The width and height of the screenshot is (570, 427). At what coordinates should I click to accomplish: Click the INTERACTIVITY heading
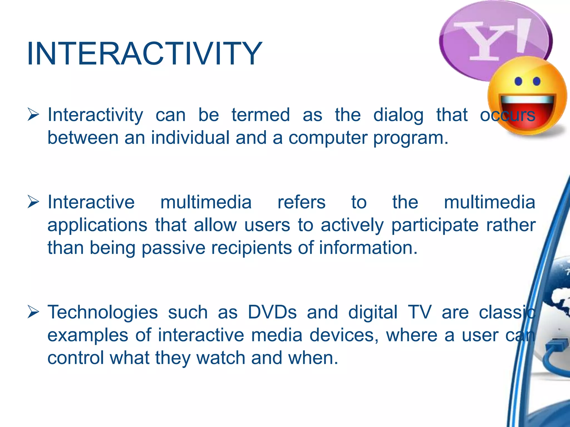coord(144,53)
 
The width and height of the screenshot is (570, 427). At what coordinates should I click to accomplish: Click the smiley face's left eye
coord(518,81)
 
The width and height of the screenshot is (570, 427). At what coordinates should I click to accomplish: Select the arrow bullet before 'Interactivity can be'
coord(33,115)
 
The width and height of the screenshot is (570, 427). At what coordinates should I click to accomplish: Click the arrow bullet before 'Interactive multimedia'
coord(33,202)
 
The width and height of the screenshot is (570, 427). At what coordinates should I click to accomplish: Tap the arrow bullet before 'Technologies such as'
coord(33,312)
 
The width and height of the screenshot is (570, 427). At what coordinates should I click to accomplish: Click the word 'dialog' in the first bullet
coord(398,115)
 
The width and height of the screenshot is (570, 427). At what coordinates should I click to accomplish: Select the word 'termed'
coord(261,115)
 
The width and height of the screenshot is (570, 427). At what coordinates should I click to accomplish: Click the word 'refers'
coord(301,202)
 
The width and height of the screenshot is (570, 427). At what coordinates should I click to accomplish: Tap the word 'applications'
coord(97,225)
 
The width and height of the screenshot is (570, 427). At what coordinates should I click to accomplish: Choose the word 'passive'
coord(173,248)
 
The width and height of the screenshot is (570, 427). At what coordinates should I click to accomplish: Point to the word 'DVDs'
coord(272,312)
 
